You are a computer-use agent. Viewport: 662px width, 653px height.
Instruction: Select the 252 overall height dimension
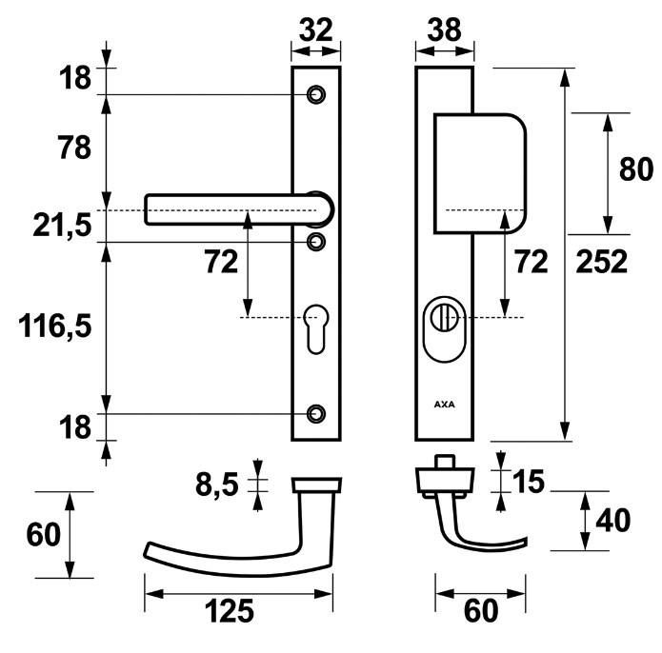point(603,261)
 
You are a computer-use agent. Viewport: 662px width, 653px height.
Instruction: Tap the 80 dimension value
point(635,169)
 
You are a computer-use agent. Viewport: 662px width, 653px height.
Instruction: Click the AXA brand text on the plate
point(444,403)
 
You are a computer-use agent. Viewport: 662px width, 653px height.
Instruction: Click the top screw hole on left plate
point(315,94)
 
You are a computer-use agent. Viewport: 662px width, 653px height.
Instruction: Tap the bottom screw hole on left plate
point(315,414)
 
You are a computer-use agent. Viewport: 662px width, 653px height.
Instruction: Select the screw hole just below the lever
point(315,241)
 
